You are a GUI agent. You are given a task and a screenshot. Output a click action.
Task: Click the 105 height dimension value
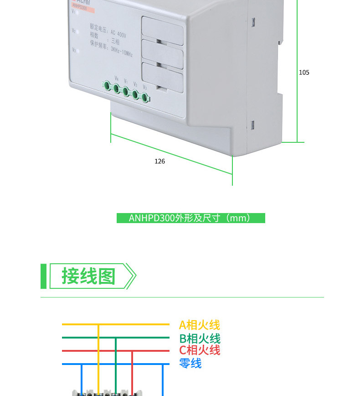[x=304, y=73]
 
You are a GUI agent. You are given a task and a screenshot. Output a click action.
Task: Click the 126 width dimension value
[x=159, y=162]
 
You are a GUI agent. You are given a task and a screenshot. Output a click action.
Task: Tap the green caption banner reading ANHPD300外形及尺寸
[x=190, y=218]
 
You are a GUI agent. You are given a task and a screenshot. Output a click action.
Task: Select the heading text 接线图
[x=89, y=276]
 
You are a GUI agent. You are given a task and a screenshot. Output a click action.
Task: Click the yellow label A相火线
[x=199, y=325]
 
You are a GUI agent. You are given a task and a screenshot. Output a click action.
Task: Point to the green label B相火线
[x=200, y=339]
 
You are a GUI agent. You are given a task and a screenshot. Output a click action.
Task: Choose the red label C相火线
[x=200, y=350]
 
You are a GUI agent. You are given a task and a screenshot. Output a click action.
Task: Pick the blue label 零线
[x=190, y=364]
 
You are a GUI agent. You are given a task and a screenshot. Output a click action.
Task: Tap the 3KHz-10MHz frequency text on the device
[x=118, y=55]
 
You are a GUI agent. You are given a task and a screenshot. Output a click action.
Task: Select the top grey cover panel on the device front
[x=162, y=27]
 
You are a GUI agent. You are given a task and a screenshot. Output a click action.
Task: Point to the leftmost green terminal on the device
[x=107, y=85]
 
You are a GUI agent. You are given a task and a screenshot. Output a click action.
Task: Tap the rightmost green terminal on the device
[x=145, y=97]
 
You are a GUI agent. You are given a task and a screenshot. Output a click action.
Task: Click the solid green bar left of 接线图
[x=43, y=276]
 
